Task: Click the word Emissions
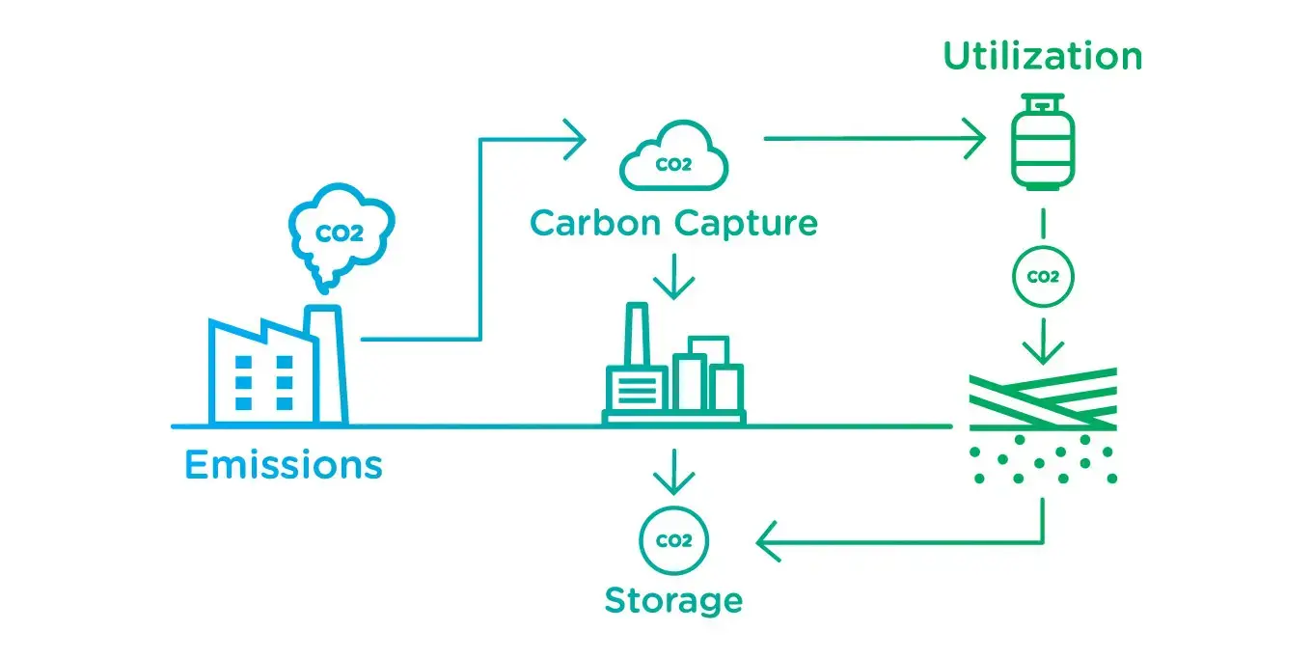pyautogui.click(x=283, y=465)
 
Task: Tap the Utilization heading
pyautogui.click(x=1042, y=56)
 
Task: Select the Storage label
pyautogui.click(x=673, y=600)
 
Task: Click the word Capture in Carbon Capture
pyautogui.click(x=746, y=224)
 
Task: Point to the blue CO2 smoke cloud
pyautogui.click(x=342, y=232)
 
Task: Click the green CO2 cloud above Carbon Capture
pyautogui.click(x=673, y=157)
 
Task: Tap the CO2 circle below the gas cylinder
pyautogui.click(x=1043, y=277)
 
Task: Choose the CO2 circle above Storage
pyautogui.click(x=673, y=541)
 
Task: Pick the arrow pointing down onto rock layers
pyautogui.click(x=1043, y=343)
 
